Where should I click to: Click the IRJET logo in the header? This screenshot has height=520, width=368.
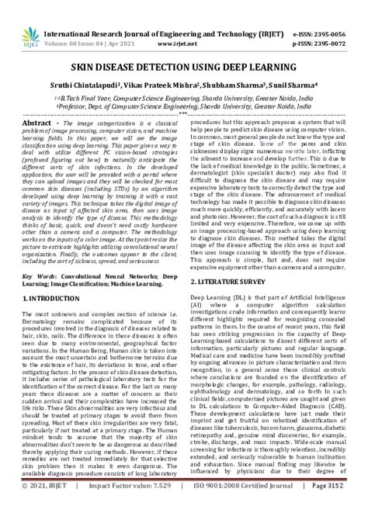point(19,18)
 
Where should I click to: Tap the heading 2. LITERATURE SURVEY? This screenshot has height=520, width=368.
point(230,256)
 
